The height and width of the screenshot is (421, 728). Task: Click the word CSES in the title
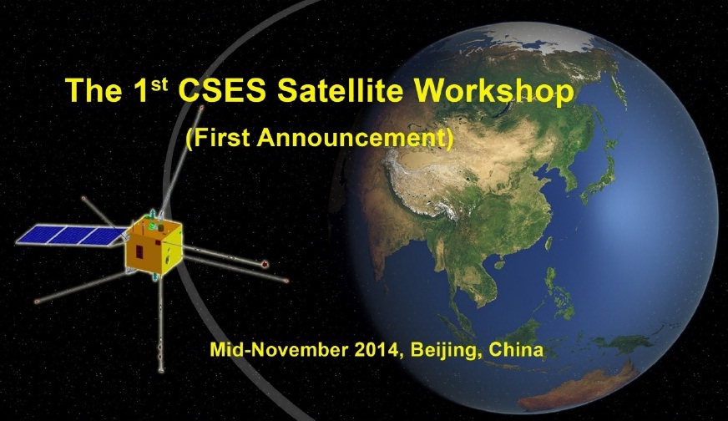point(222,90)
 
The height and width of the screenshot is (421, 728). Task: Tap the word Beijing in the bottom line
point(444,350)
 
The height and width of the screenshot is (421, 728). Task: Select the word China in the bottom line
point(516,349)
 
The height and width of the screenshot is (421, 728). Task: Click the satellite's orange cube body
point(154,247)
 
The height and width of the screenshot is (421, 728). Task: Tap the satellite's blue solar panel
point(71,235)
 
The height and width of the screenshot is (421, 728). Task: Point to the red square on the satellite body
point(139,253)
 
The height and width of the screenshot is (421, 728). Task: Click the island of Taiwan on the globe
point(548,243)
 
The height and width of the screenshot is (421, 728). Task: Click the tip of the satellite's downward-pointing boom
point(161,370)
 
